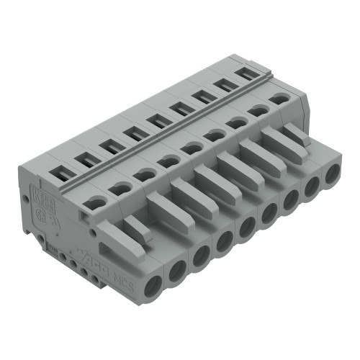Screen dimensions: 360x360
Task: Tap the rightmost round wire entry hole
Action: (x=332, y=175)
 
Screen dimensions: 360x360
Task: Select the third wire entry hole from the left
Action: (x=199, y=253)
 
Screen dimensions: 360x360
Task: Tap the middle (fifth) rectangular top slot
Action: (x=156, y=122)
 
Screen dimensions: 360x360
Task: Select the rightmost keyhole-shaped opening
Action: (x=277, y=99)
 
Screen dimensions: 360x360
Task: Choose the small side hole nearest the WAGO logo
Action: (x=87, y=272)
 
